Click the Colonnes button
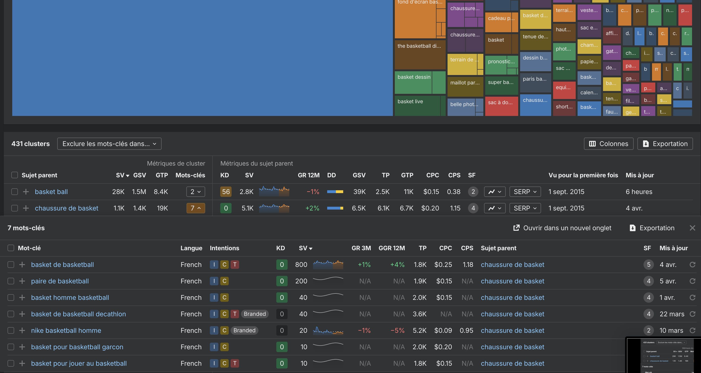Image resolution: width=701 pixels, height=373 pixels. (x=608, y=144)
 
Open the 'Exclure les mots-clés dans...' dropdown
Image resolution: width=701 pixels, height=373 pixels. (x=109, y=144)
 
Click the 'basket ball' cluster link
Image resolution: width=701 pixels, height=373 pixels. (x=51, y=192)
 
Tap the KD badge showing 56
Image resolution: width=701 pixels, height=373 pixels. (x=226, y=192)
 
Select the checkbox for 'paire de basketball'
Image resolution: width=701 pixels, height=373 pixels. (x=11, y=281)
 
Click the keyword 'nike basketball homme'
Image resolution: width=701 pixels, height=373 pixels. (x=66, y=331)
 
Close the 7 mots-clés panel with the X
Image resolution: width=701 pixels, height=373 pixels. (x=692, y=228)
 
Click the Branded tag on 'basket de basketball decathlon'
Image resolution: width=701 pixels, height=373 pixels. (x=254, y=314)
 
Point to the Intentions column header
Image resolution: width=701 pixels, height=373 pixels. (x=224, y=248)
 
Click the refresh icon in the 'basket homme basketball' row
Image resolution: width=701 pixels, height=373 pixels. (x=692, y=298)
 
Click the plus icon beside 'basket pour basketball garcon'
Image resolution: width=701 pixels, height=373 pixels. (x=22, y=347)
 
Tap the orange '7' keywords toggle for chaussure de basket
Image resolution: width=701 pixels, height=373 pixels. (x=195, y=208)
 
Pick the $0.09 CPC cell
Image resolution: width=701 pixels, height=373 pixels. (x=443, y=331)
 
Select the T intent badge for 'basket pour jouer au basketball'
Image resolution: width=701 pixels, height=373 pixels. (x=235, y=364)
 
